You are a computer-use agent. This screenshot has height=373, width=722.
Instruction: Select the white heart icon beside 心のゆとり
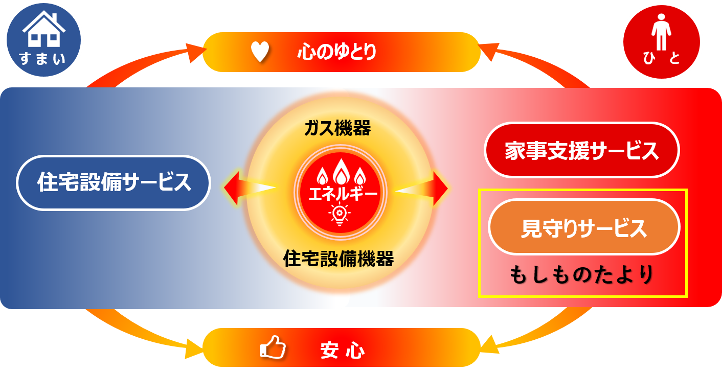click(260, 52)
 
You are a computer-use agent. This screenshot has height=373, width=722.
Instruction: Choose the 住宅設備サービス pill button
click(114, 182)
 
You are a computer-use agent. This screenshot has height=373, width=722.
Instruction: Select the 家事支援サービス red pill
click(581, 151)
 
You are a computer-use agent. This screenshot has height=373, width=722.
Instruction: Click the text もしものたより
click(582, 275)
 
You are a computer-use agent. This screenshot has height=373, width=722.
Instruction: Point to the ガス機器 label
click(337, 129)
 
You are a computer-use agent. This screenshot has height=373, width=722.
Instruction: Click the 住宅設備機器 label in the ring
click(339, 259)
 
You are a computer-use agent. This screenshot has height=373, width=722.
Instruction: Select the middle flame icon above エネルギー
click(339, 171)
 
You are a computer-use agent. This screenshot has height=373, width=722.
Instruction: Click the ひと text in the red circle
click(662, 60)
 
